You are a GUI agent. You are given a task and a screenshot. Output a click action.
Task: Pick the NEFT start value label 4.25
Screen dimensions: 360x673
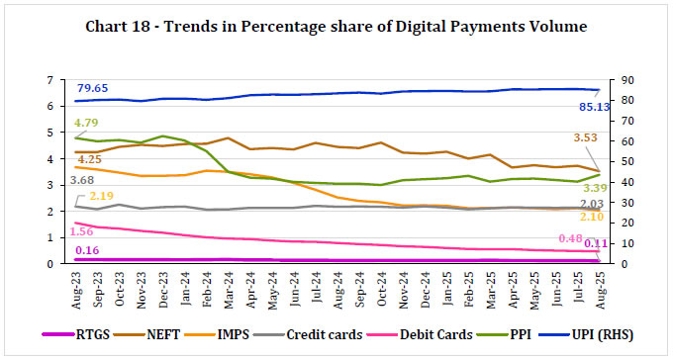pyautogui.click(x=90, y=158)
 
